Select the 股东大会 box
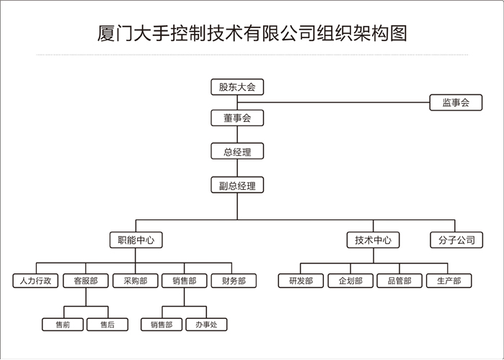pos(236,87)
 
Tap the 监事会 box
pos(456,103)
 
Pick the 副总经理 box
pos(236,185)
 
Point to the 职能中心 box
pos(136,240)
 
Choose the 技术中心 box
pos(373,240)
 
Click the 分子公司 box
pos(456,240)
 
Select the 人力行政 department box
pos(35,281)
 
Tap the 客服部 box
pos(85,281)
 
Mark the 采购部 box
pos(134,281)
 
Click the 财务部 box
pos(233,281)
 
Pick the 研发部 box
pos(301,281)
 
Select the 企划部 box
pos(350,281)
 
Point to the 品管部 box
pos(399,281)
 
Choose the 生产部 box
pos(448,281)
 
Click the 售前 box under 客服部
pos(63,325)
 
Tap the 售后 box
pos(107,325)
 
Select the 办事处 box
pos(206,325)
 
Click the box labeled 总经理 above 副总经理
pos(236,152)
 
